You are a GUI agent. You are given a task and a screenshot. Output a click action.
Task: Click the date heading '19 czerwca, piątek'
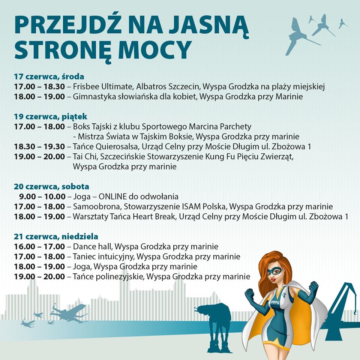51,117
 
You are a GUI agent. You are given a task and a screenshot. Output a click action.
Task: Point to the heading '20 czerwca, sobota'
51,186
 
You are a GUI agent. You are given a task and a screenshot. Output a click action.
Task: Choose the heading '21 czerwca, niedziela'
56,237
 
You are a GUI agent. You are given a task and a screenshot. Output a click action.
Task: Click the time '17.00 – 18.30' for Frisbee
39,87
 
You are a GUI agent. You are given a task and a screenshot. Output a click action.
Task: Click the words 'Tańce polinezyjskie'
108,277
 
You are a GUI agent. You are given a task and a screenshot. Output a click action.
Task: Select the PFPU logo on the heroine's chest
275,302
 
